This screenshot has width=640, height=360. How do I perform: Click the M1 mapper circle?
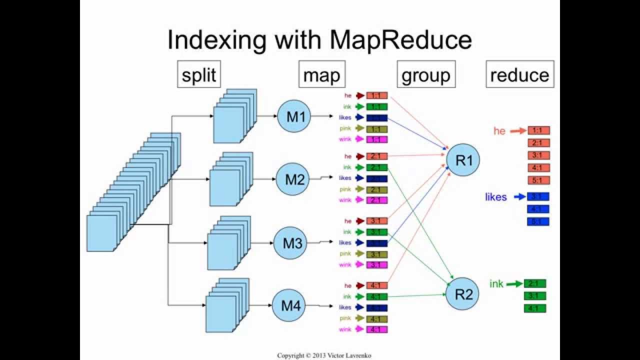[295, 116]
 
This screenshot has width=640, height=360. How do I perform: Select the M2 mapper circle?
[294, 179]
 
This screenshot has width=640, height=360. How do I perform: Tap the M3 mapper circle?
[292, 243]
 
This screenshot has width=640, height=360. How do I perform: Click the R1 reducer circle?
[463, 160]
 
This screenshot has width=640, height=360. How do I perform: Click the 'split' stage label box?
[198, 75]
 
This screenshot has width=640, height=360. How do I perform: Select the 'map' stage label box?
[321, 75]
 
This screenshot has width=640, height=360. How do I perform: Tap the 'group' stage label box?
[426, 75]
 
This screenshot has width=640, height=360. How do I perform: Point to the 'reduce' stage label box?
[519, 75]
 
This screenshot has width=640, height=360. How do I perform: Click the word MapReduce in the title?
[400, 40]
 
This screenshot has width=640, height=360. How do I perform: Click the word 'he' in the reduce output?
[499, 131]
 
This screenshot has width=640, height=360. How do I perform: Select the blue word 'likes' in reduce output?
[495, 197]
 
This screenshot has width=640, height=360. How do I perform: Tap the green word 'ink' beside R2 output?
[496, 284]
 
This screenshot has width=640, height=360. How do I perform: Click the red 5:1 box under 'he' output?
[538, 180]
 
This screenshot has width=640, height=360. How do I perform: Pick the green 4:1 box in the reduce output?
[535, 308]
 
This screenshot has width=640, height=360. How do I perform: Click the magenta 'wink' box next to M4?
[377, 329]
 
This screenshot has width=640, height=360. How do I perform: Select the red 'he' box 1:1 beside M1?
[377, 95]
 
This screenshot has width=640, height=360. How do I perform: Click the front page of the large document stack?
[102, 233]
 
